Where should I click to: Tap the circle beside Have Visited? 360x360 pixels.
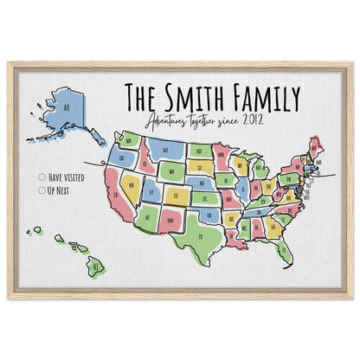tap(42, 177)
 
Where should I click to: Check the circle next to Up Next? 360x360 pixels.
tap(42, 188)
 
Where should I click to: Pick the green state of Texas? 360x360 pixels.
tap(200, 234)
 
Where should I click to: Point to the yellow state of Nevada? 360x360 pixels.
tap(132, 183)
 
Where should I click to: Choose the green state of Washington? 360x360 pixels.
tap(131, 138)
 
